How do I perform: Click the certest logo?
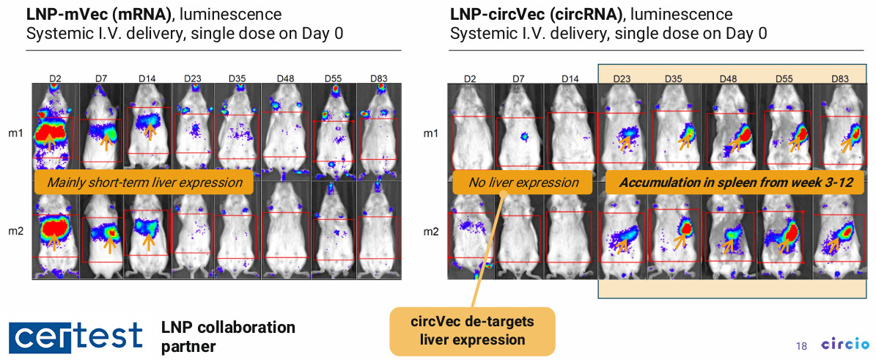pyautogui.click(x=76, y=335)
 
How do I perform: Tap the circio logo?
pyautogui.click(x=844, y=344)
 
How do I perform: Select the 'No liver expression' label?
pyautogui.click(x=523, y=183)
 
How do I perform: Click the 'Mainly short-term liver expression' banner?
pyautogui.click(x=144, y=183)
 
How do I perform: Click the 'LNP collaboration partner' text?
pyautogui.click(x=228, y=335)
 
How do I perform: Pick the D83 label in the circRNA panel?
pyautogui.click(x=839, y=79)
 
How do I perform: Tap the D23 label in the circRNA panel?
pyautogui.click(x=622, y=79)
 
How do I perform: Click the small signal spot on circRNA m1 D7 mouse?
pyautogui.click(x=524, y=136)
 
